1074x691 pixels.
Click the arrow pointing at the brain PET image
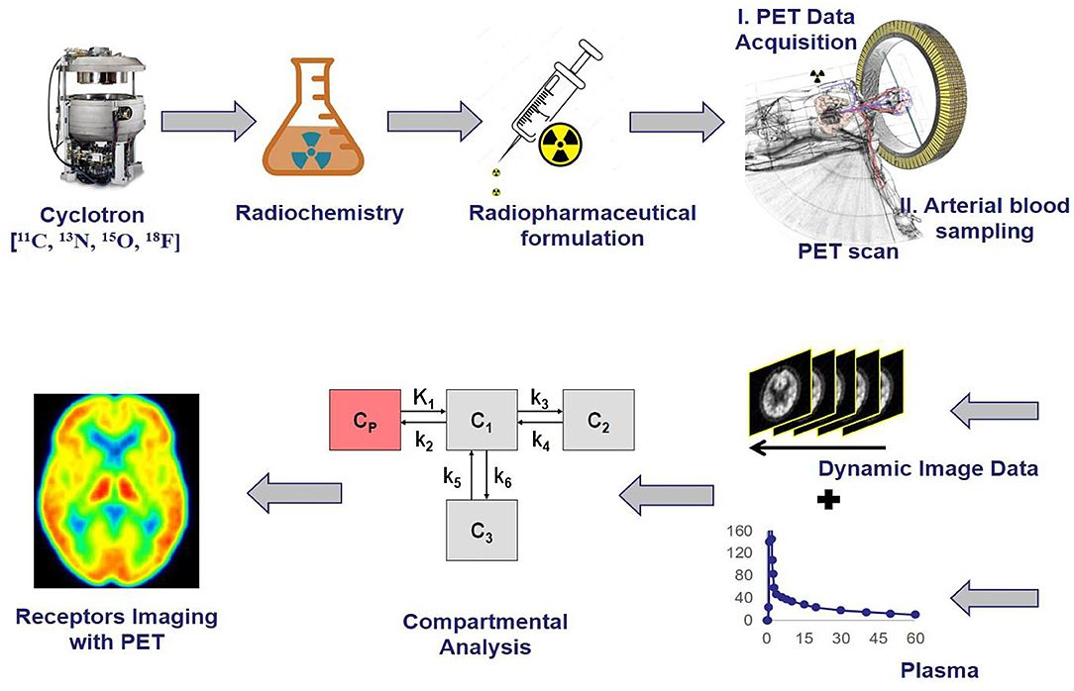click(293, 492)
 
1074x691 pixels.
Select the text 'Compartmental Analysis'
click(485, 635)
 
